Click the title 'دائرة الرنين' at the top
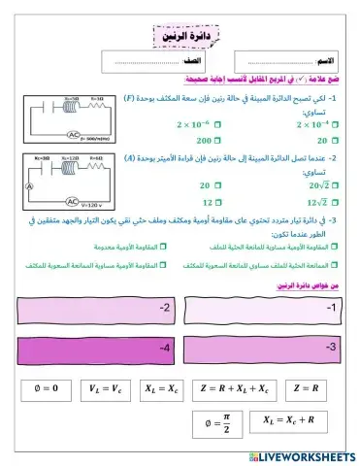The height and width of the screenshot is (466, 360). point(188,35)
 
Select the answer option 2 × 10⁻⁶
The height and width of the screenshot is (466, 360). point(218,124)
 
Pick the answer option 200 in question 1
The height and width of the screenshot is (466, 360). point(217,140)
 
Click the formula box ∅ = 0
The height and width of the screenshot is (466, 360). point(46,388)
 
